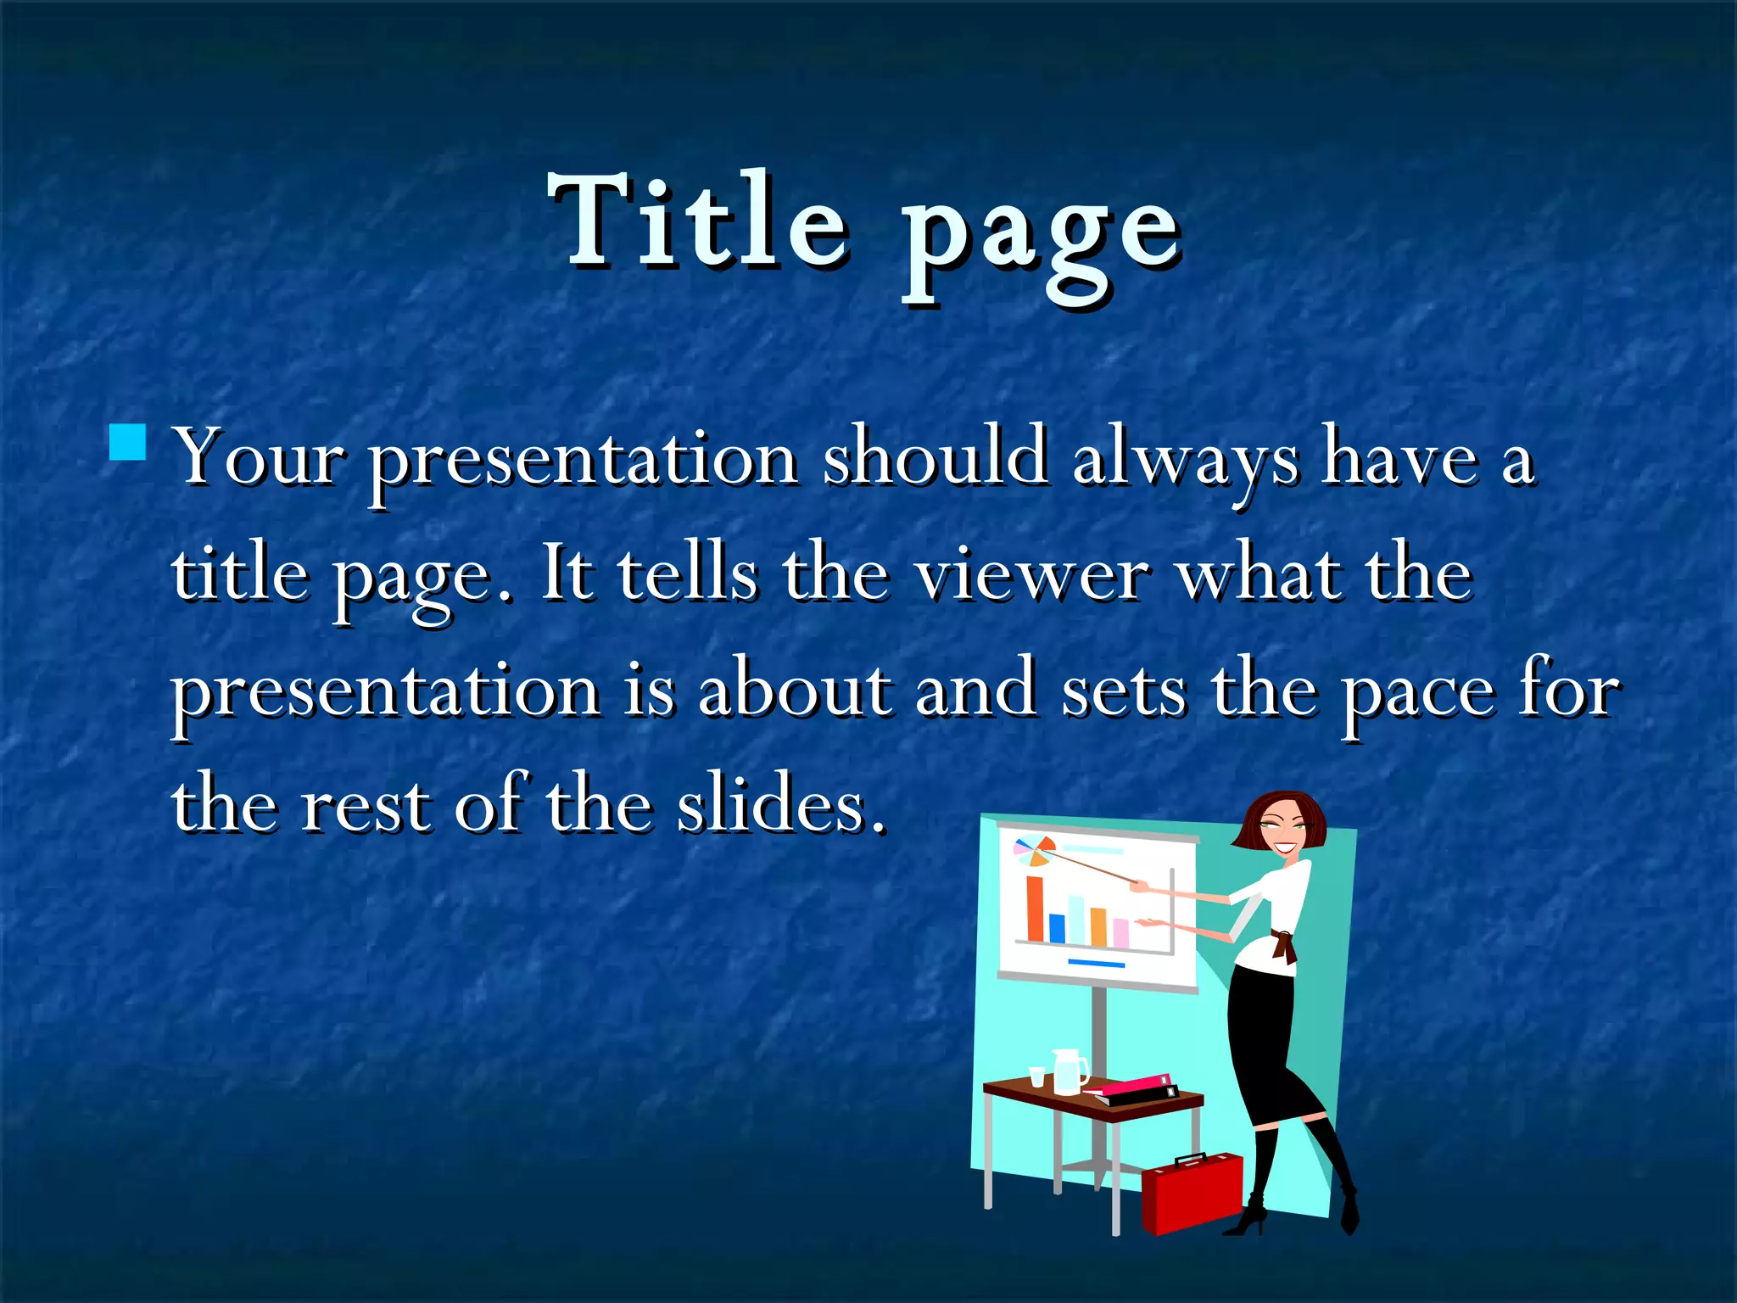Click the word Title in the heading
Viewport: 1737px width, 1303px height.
point(697,222)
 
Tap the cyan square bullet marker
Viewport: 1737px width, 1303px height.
point(127,442)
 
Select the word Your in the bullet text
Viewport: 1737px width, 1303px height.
point(259,459)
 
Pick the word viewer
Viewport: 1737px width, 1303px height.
point(1032,574)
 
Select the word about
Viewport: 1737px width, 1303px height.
point(795,689)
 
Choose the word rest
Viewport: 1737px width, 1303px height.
point(365,806)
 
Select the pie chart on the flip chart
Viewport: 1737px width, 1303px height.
point(1034,851)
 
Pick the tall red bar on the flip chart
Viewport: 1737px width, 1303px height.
point(1035,909)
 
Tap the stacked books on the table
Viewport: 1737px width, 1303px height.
point(1132,1090)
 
